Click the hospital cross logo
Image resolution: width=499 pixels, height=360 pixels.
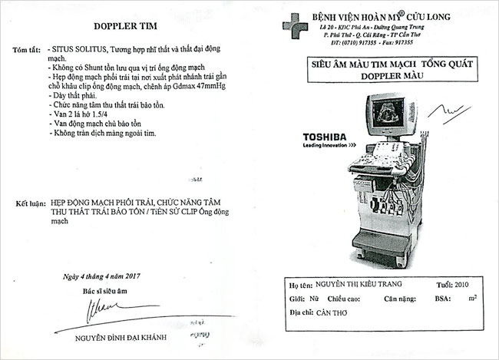(x=295, y=28)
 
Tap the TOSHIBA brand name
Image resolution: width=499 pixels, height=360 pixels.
(x=323, y=136)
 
